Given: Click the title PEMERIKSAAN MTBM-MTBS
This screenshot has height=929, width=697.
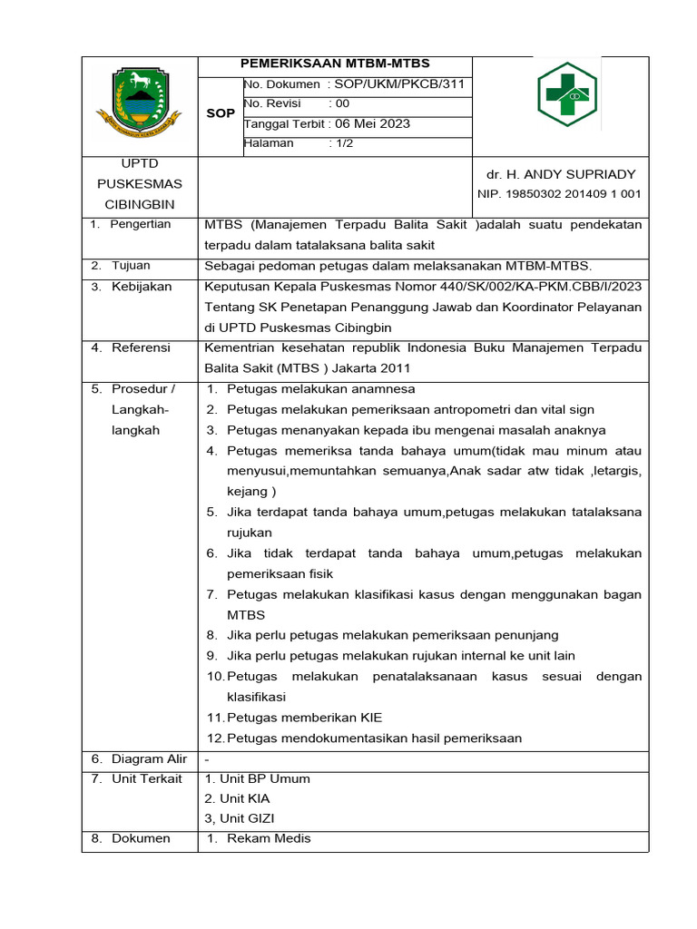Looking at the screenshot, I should (x=335, y=64).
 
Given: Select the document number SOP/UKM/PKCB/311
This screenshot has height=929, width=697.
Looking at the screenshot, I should (x=400, y=83).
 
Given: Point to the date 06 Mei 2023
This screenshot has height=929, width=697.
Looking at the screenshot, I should (x=373, y=123).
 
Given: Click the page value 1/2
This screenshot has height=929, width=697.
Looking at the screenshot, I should (x=340, y=143).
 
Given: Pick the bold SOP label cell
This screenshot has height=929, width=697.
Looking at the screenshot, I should (x=221, y=113).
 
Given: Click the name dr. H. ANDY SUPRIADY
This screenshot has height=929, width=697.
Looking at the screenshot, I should (x=560, y=174).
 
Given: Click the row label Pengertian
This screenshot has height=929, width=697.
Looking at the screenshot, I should (x=140, y=224).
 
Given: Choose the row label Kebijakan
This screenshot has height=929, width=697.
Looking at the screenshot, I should (x=142, y=286).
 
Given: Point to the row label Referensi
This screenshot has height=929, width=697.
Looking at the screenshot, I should (x=142, y=347).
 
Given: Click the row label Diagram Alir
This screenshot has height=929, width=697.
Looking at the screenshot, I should (x=149, y=758).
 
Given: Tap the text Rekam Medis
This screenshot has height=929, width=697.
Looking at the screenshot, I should (x=269, y=838).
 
